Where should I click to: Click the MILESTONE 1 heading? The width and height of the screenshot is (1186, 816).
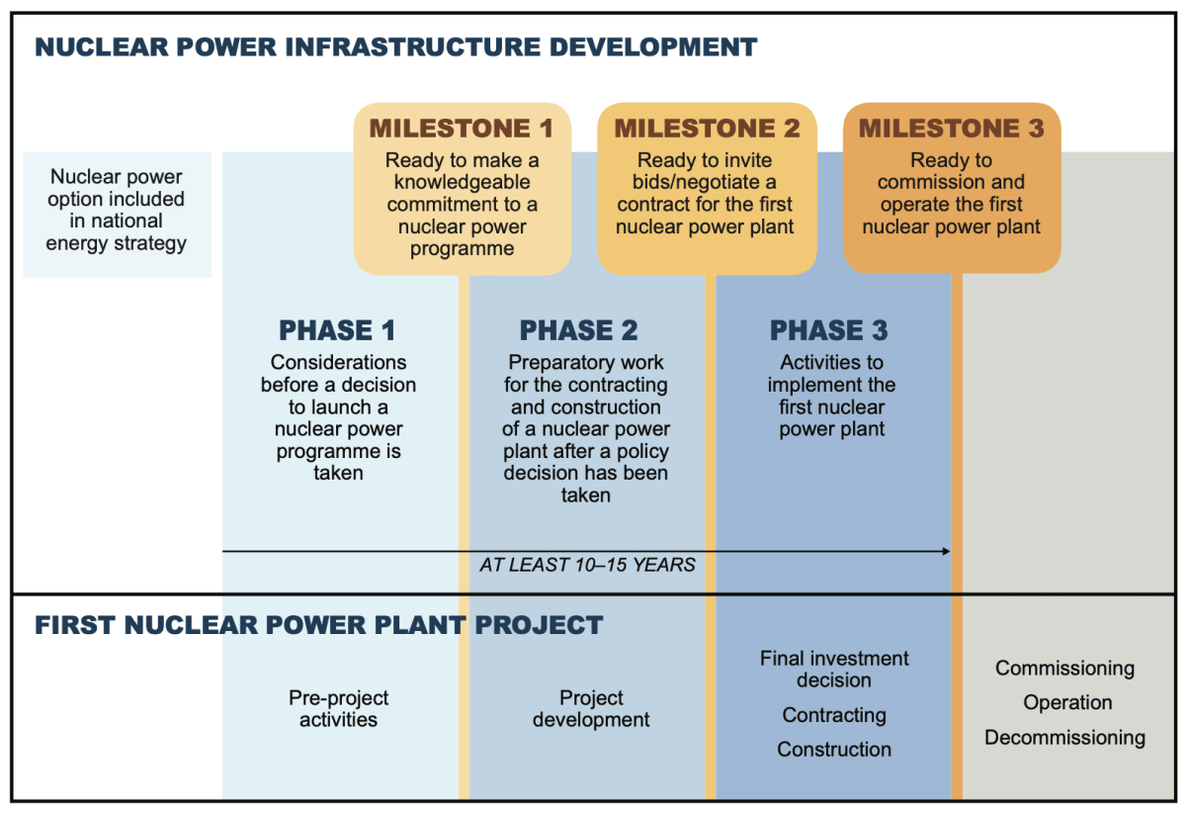click(x=462, y=129)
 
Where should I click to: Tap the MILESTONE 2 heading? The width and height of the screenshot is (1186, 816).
click(x=707, y=129)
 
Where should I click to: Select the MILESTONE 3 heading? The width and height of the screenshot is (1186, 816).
click(x=951, y=129)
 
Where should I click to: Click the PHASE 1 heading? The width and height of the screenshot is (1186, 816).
click(x=338, y=330)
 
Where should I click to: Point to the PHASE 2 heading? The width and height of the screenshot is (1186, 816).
click(x=578, y=330)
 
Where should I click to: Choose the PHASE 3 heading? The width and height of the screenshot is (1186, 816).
click(x=828, y=330)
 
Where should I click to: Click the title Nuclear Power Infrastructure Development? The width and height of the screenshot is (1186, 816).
click(x=395, y=46)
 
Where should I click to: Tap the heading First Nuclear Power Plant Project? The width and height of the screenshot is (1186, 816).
click(x=318, y=625)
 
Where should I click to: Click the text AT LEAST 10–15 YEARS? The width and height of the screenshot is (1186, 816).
click(x=587, y=566)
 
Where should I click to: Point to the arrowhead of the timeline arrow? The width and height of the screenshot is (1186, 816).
click(x=946, y=551)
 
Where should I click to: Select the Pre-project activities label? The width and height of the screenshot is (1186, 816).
click(x=338, y=709)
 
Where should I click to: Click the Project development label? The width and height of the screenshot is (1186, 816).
click(x=591, y=709)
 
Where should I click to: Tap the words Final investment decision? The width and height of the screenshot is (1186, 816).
click(x=834, y=670)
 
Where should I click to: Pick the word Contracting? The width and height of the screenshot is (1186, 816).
click(x=834, y=715)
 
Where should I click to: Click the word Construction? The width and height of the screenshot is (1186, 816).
click(x=834, y=750)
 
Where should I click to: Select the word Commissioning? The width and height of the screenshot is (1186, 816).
click(x=1064, y=669)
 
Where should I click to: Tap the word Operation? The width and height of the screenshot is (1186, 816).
click(x=1067, y=703)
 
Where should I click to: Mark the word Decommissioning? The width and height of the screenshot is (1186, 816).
click(x=1064, y=738)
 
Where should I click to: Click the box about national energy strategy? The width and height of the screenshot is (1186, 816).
click(x=117, y=210)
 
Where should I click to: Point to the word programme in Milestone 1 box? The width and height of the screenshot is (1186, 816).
click(x=462, y=249)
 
